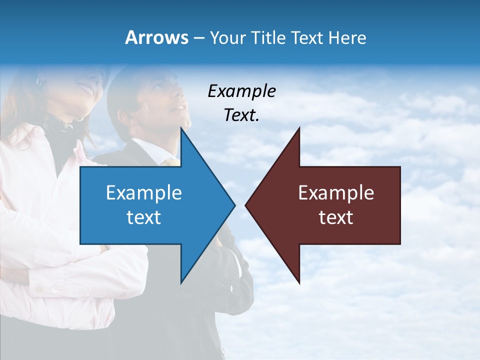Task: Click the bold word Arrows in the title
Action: point(156,37)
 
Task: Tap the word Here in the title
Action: point(347,37)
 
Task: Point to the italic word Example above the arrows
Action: point(241,91)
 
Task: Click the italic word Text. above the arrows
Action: point(241,115)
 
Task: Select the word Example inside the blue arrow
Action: point(143,192)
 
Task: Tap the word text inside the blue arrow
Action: point(143,217)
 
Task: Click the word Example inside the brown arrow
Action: point(336,192)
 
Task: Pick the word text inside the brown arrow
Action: point(336,217)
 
